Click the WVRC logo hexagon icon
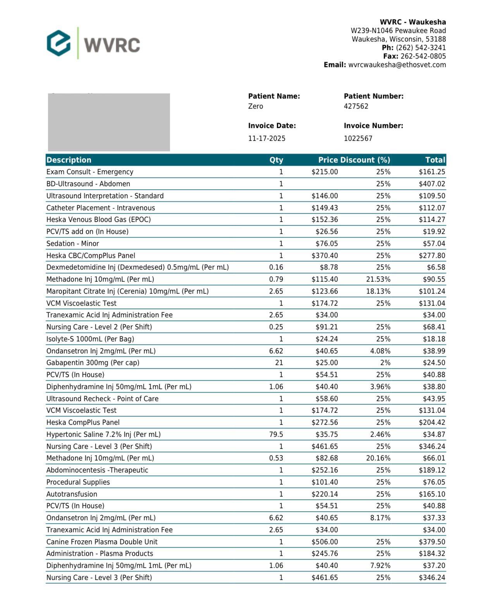coord(58,43)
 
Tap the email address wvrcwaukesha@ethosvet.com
coord(397,65)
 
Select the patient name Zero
coord(255,106)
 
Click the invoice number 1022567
coord(358,138)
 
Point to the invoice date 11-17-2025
coord(267,138)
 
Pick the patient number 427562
coord(356,106)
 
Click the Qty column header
coord(276,160)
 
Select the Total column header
coord(435,160)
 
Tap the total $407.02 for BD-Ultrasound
coord(432,184)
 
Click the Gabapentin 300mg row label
coord(93,363)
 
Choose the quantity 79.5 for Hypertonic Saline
coord(276,434)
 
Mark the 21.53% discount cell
coord(378,279)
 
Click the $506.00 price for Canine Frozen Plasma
coord(324,542)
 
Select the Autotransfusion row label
coord(72,494)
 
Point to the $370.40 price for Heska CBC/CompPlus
coord(324,256)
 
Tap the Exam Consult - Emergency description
coord(89,172)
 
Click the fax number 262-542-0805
coord(423,56)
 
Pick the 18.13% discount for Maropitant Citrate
coord(378,291)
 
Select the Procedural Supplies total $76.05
coord(433,482)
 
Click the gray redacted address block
coord(109,122)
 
